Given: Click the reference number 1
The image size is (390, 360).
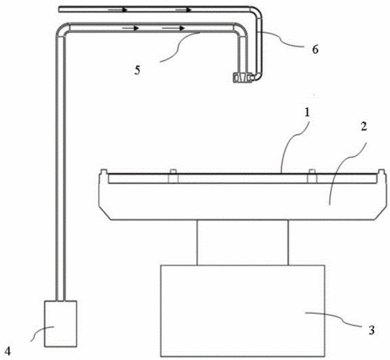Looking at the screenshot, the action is click(x=307, y=113).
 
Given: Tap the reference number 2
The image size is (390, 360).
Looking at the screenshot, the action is click(x=364, y=126).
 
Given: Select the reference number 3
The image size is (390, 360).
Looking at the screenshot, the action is click(x=372, y=330).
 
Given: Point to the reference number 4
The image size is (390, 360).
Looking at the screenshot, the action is click(x=8, y=351).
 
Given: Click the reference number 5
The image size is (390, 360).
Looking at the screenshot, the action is click(x=137, y=70).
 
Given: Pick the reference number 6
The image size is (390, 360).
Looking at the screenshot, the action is click(x=315, y=50).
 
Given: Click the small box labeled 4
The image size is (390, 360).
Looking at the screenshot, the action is click(x=61, y=324).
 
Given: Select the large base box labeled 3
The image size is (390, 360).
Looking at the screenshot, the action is click(x=242, y=310).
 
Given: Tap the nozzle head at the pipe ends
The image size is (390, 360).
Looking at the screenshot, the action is click(x=242, y=78).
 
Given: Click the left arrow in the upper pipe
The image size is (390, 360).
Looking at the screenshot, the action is click(x=117, y=10).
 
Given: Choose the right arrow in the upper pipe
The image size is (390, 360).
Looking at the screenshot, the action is click(x=183, y=10).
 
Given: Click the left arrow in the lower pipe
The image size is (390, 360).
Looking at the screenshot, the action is click(x=130, y=28).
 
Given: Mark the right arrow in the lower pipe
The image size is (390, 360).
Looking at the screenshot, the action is click(x=173, y=28).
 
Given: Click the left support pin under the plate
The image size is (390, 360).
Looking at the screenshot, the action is click(x=173, y=176).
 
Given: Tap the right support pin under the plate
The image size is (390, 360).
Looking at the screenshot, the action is click(x=312, y=176).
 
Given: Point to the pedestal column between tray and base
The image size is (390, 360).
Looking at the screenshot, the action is click(x=242, y=242).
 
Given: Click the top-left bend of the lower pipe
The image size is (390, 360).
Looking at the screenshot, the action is click(x=62, y=30).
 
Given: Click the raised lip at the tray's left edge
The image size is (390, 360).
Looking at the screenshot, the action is click(x=103, y=172).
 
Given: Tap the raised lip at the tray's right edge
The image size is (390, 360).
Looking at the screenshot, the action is click(x=382, y=172).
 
